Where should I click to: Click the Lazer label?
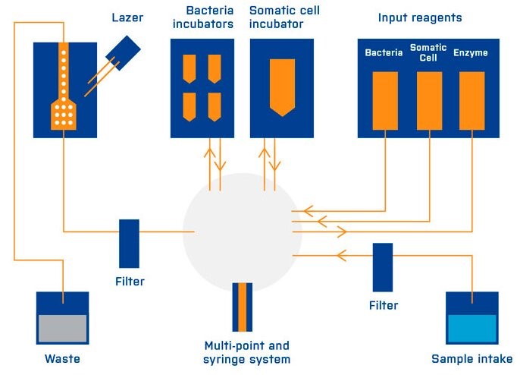pos(127,17)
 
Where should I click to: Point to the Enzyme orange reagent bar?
pos(471,99)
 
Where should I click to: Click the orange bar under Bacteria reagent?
pos(384,99)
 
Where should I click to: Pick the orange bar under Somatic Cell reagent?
pos(428,99)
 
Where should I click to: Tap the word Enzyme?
pos(471,53)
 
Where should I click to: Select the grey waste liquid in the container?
pos(63,329)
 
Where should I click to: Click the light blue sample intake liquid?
pos(471,329)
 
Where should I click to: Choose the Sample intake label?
pos(471,358)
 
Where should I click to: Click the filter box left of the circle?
pos(129,243)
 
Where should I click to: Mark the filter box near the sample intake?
pos(383,267)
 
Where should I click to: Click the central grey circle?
pos(242,232)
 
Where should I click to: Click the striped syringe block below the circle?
pos(243,307)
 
